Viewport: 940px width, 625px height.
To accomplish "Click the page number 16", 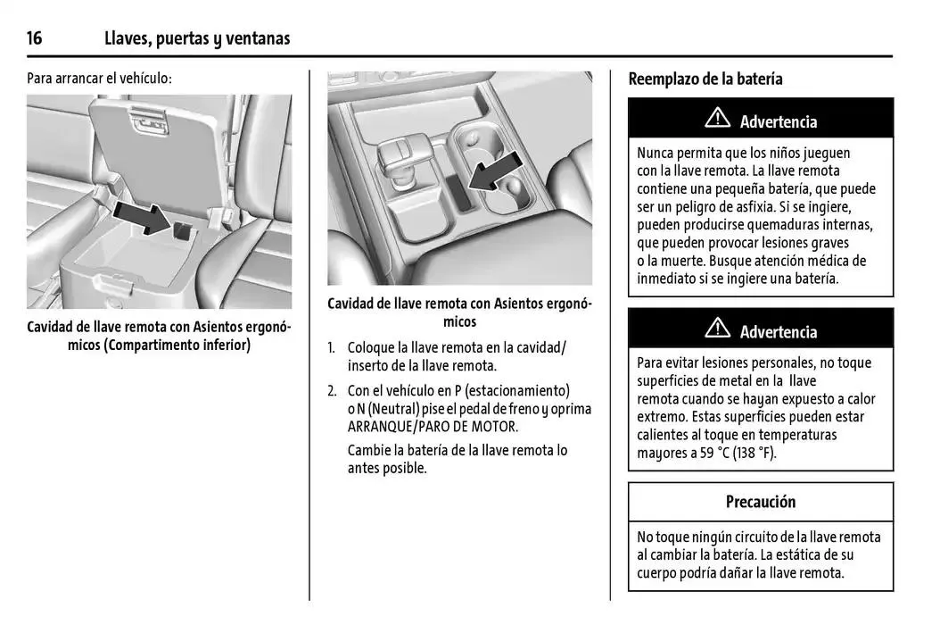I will (35, 38).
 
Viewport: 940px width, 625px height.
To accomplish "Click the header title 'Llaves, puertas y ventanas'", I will (197, 38).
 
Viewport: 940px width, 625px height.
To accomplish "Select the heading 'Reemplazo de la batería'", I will (705, 79).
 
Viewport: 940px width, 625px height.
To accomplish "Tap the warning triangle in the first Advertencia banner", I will (717, 119).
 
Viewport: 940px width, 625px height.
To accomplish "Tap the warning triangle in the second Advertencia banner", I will (717, 329).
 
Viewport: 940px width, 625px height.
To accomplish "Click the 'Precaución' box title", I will (760, 502).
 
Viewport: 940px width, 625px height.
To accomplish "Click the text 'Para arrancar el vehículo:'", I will (99, 79).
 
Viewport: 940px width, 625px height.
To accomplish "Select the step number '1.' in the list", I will (332, 347).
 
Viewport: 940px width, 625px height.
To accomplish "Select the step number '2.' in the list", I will (332, 391).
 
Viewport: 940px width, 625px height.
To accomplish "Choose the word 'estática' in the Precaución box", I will (797, 555).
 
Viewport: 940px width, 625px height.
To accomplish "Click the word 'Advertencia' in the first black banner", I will (778, 121).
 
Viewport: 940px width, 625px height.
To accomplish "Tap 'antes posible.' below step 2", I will (387, 468).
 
